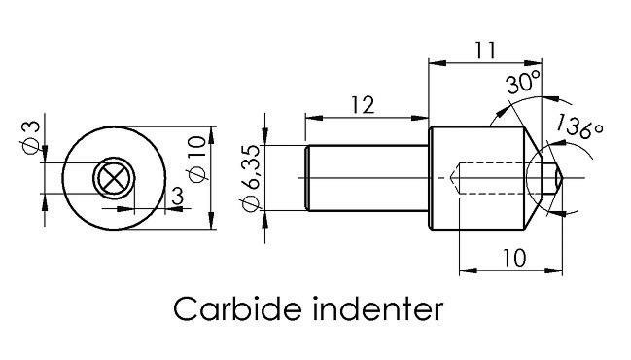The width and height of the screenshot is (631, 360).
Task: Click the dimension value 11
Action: [x=485, y=51]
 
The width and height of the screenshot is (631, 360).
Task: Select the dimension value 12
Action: [x=364, y=105]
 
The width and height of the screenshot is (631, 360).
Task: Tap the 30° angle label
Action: [x=523, y=82]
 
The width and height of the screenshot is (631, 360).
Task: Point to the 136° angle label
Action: [x=579, y=126]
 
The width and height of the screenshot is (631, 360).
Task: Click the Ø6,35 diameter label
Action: [x=252, y=178]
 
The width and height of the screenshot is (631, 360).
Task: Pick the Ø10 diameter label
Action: [x=197, y=159]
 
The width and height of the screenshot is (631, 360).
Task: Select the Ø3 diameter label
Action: [x=31, y=137]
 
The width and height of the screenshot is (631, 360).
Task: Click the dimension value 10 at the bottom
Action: [x=514, y=258]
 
